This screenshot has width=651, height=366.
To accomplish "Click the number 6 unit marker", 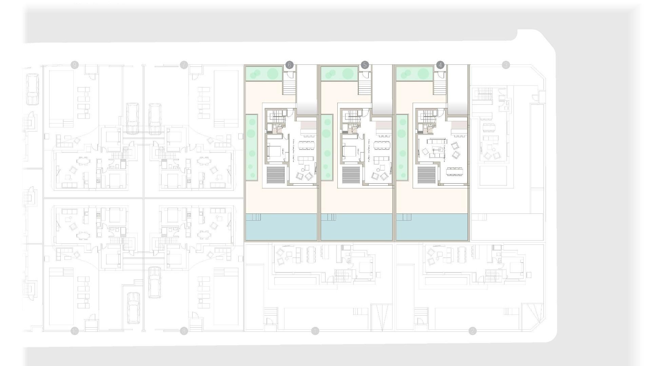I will click(289, 65).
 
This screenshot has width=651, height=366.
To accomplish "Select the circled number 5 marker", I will click(365, 65).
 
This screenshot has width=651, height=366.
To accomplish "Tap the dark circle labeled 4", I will click(440, 65).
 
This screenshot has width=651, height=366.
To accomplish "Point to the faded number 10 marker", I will click(75, 331).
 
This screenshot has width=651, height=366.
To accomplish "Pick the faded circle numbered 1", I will click(315, 331).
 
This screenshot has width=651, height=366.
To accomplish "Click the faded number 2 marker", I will click(473, 331).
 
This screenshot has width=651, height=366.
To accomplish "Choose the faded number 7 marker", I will click(184, 65).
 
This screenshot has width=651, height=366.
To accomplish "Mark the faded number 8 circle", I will click(184, 331).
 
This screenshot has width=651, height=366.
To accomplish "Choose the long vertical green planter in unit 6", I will click(251, 147).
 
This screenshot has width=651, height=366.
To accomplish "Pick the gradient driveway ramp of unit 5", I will click(382, 90).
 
